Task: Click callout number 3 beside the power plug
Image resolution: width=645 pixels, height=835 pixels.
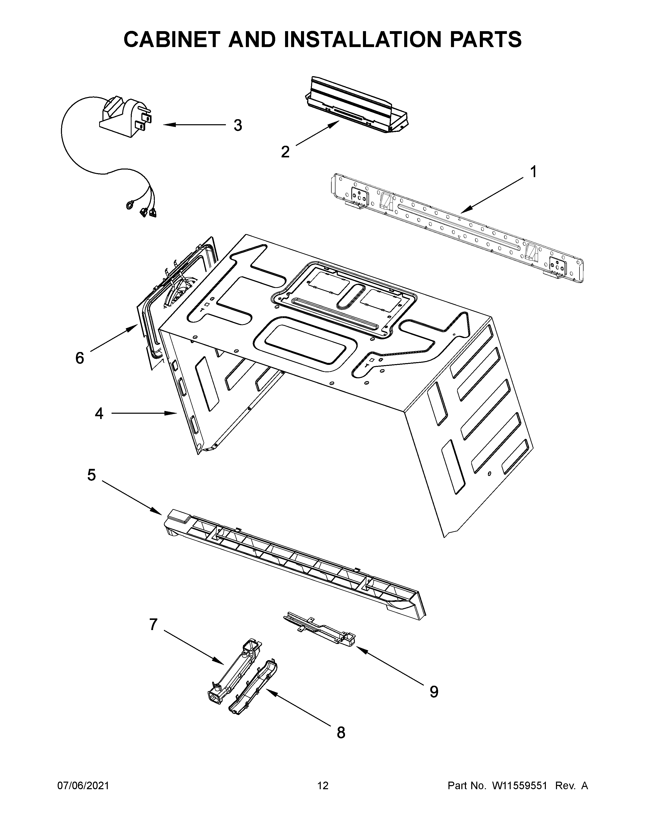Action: point(238,126)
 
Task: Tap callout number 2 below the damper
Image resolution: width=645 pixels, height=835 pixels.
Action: point(285,152)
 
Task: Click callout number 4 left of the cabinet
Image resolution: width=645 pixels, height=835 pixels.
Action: point(99,413)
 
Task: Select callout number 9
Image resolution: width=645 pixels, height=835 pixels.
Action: point(434,692)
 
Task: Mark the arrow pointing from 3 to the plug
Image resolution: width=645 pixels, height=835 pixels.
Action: point(195,125)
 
